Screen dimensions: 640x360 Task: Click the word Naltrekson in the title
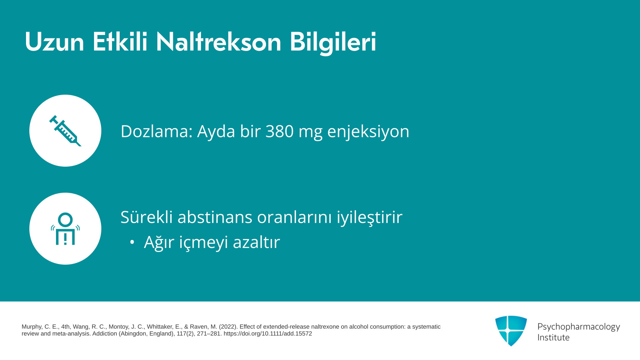pos(219,42)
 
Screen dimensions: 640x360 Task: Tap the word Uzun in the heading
pos(54,42)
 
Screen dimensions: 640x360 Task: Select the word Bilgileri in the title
pos(333,43)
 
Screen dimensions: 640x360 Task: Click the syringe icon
pos(65,131)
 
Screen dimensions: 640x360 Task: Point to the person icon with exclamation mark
pos(65,229)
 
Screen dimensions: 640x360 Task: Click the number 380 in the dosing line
pos(279,131)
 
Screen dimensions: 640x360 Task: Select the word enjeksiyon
pos(368,131)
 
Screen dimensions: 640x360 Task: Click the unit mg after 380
pos(310,133)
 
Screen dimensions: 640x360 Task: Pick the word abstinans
pos(215,217)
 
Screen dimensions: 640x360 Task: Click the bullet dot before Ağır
pos(132,242)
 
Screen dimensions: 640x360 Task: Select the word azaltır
pos(256,242)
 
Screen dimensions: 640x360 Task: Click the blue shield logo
pos(511,331)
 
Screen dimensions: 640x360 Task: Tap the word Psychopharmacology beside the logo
pos(579,327)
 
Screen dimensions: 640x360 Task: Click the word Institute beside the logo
pos(553,337)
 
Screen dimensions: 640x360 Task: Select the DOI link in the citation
pos(268,334)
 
